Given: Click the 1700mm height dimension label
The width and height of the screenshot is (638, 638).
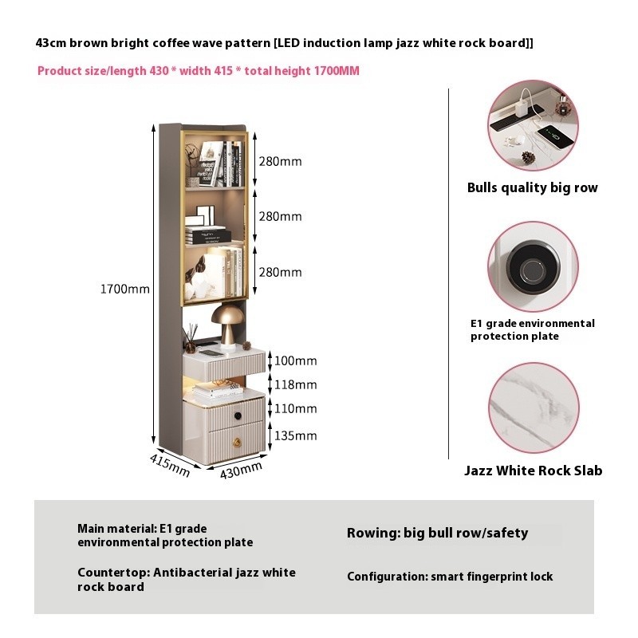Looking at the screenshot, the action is [125, 289].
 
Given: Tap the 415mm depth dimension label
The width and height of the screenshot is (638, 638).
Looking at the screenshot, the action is [170, 465].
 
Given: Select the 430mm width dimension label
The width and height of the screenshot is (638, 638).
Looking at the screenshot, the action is [241, 471].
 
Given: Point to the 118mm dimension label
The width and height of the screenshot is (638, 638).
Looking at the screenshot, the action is [295, 384].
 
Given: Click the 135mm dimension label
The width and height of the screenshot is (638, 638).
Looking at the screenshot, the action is [295, 435].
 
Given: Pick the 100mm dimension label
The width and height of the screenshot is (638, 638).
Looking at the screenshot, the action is [295, 360].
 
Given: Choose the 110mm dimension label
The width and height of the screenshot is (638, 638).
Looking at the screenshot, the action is [295, 408].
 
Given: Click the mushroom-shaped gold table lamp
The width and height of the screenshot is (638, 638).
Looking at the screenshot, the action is [228, 327].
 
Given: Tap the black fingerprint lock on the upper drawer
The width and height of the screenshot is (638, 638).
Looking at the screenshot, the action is [238, 415].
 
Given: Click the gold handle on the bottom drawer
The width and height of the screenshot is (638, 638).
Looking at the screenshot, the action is [237, 443].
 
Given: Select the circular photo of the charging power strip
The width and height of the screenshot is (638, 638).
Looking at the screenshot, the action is [533, 125].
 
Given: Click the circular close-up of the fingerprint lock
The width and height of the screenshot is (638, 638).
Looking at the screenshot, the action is [533, 267].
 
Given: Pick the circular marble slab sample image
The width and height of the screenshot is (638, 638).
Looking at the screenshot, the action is [533, 408].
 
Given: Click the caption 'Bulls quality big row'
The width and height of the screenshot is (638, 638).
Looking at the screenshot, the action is [532, 187].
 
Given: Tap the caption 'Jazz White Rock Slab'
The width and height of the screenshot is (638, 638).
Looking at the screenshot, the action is [533, 471].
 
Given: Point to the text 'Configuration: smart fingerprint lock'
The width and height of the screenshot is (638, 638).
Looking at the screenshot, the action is [450, 577].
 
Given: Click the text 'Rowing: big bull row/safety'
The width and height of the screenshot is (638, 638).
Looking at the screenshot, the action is [437, 533].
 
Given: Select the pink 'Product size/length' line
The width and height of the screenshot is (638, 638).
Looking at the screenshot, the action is [198, 71].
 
